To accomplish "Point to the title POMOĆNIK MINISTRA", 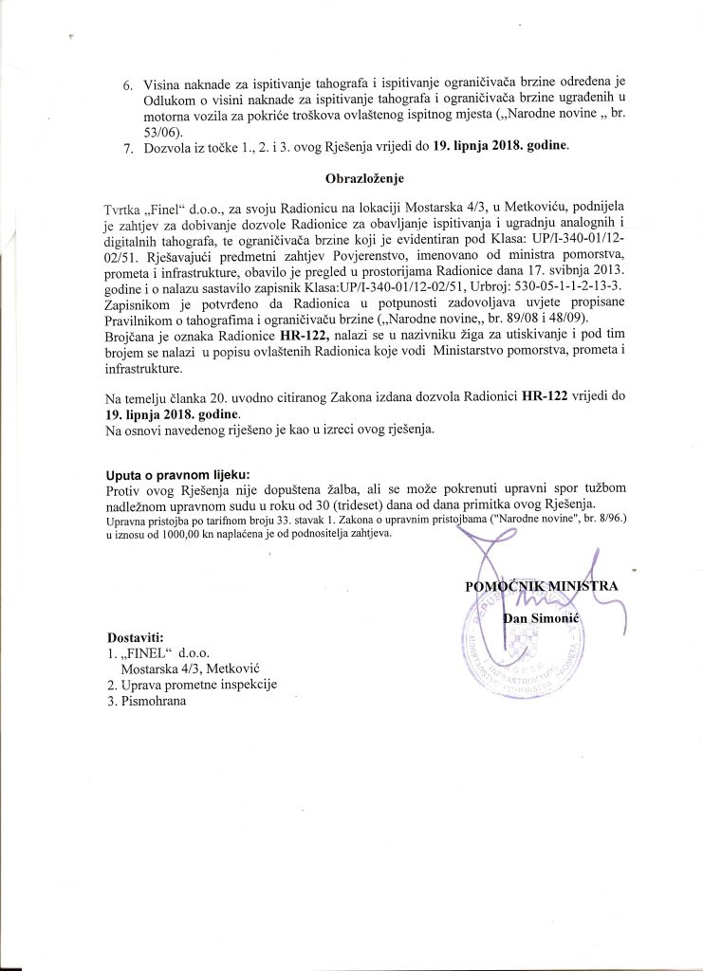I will [x=542, y=585].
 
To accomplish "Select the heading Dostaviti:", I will [x=136, y=636].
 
